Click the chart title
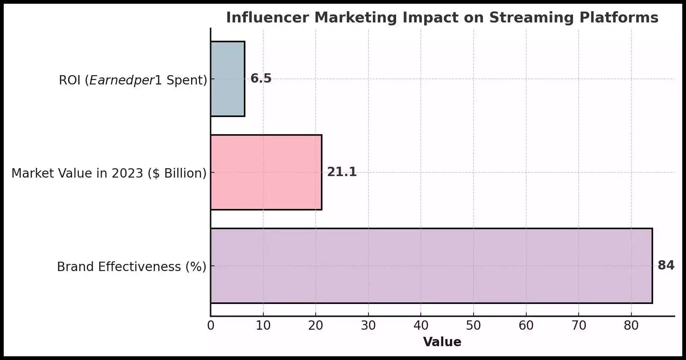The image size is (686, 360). [442, 18]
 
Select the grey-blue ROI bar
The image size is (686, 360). [227, 79]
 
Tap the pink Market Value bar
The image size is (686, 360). [266, 172]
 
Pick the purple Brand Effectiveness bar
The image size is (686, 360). [431, 266]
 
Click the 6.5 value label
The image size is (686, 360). [261, 79]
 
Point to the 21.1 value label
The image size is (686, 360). [342, 172]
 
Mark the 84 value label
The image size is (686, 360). [666, 265]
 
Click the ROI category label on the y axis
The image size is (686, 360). [133, 80]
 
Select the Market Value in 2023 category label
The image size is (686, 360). [109, 173]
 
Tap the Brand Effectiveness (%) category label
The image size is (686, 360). [132, 267]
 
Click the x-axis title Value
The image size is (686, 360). [442, 342]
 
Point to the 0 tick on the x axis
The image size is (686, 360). [211, 326]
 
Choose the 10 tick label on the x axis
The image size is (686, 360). [263, 326]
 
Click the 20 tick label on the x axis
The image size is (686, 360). [316, 326]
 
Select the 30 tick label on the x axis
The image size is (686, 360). [368, 326]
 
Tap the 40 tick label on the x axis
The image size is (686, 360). [421, 326]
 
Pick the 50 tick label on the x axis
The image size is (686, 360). [474, 326]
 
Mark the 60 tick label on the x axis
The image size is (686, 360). [526, 326]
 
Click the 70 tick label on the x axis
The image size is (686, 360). [579, 326]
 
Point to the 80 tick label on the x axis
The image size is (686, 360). [631, 326]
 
